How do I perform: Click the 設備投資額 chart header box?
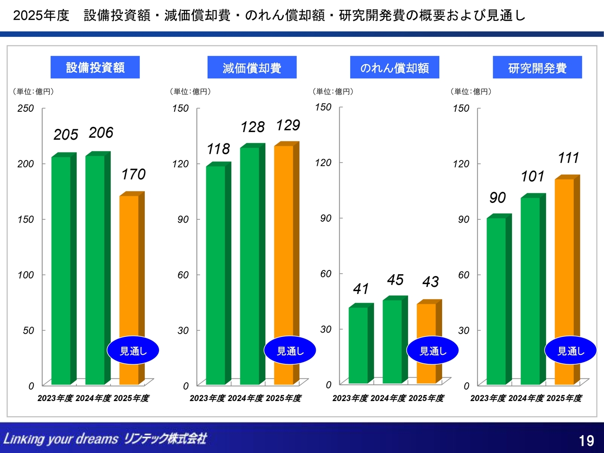[x=95, y=67]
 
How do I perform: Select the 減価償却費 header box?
[x=252, y=67]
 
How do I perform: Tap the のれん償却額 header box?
[x=394, y=67]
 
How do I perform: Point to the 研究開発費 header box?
[x=537, y=67]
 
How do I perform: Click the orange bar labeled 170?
[x=129, y=264]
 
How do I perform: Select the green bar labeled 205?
[x=61, y=269]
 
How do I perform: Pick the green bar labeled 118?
[x=216, y=274]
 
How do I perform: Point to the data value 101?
[x=532, y=176]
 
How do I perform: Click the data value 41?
[x=361, y=288]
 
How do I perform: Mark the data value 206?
[x=101, y=133]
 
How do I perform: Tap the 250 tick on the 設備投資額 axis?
[x=25, y=108]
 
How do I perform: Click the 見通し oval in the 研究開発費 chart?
[x=570, y=351]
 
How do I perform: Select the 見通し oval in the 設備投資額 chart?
[x=133, y=351]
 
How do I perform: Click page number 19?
[x=586, y=441]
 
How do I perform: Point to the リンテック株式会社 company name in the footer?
[x=165, y=438]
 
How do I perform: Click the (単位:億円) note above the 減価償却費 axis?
[x=190, y=92]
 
